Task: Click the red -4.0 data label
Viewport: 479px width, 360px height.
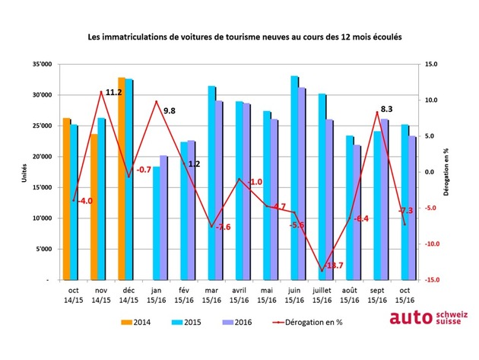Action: click(84, 202)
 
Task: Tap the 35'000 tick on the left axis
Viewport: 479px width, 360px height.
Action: click(41, 65)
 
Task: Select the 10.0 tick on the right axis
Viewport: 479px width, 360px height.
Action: click(431, 100)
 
